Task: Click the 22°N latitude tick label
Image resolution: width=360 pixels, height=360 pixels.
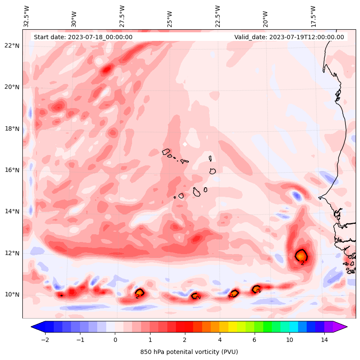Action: click(x=12, y=46)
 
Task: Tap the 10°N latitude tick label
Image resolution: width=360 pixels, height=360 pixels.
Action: click(x=12, y=295)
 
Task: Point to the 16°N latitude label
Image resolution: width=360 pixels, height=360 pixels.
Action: click(x=12, y=170)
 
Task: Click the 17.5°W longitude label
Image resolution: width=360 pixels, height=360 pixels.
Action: click(x=313, y=16)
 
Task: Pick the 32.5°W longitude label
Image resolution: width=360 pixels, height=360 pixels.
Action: click(x=27, y=16)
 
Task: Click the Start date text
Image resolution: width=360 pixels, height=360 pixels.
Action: click(x=83, y=37)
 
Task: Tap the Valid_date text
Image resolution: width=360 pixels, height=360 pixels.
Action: click(x=289, y=37)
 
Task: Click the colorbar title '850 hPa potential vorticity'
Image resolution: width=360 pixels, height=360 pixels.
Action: click(x=189, y=352)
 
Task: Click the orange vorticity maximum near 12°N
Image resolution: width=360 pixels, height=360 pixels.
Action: click(x=301, y=255)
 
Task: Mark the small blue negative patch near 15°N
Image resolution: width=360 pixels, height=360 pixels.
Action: click(x=297, y=196)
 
